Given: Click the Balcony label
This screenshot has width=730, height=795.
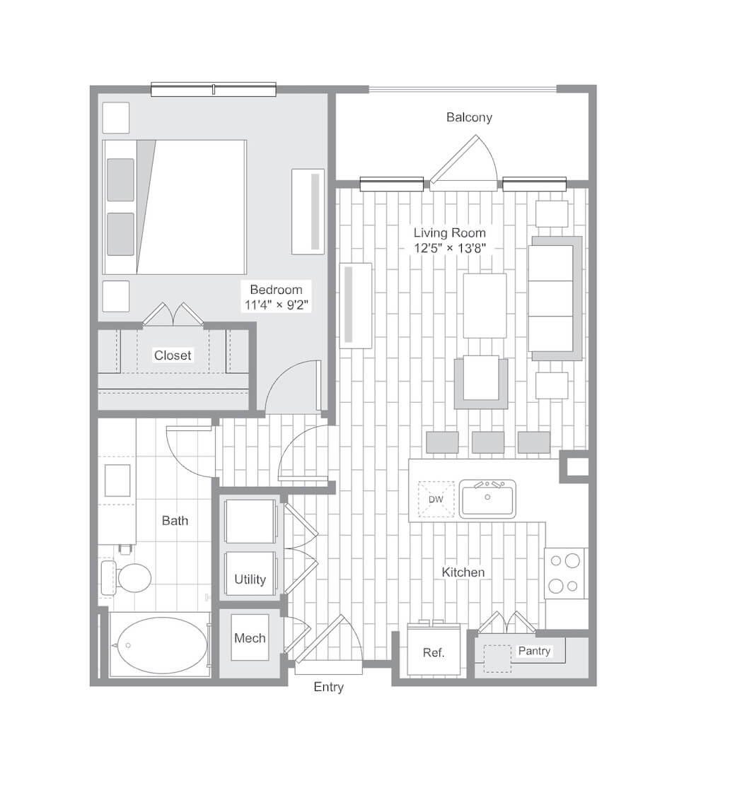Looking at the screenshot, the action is click(469, 117).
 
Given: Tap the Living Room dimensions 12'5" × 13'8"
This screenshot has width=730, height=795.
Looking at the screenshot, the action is click(450, 248).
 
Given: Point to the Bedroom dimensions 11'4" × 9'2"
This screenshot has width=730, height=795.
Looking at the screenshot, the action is click(277, 305).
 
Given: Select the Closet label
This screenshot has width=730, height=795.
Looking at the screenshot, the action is click(173, 355).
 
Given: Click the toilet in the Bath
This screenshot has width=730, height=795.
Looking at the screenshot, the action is click(127, 577).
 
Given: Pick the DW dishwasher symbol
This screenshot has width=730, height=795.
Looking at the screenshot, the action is click(436, 500).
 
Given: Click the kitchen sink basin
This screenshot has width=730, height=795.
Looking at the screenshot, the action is click(487, 499).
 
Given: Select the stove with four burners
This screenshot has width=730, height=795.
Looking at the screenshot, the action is click(564, 573).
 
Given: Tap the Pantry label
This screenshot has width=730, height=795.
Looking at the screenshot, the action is click(534, 651).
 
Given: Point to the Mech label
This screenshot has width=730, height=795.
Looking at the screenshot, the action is click(250, 638).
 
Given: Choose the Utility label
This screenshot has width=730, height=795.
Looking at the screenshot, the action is click(250, 579).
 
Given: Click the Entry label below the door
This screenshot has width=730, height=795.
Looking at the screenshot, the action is click(328, 687).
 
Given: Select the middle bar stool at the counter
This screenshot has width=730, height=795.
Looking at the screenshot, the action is click(488, 442).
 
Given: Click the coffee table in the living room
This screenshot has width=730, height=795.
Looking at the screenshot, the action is click(485, 306).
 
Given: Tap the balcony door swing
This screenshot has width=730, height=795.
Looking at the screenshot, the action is click(464, 161).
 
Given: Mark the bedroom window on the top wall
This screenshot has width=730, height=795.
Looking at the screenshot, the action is click(213, 89).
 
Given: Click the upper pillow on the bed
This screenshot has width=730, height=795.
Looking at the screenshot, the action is click(121, 180).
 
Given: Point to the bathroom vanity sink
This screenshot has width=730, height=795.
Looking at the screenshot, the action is click(117, 481).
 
